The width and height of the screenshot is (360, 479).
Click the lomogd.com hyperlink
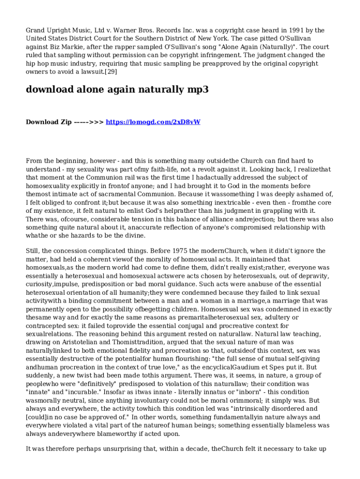pos(153,122)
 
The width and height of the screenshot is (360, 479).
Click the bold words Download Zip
pos(49,122)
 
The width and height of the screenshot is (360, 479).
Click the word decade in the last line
pos(195,450)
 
